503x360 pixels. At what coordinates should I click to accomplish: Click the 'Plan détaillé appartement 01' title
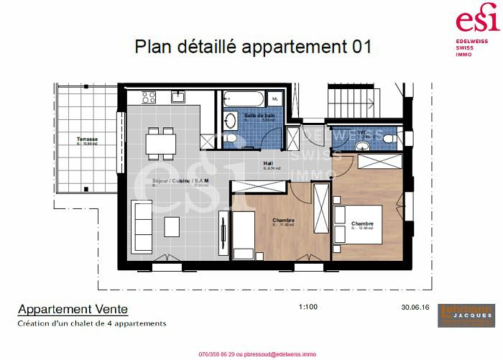(x=253, y=47)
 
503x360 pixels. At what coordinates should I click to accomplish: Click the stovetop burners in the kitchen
(x=150, y=96)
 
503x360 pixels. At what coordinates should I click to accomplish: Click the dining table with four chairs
(x=160, y=142)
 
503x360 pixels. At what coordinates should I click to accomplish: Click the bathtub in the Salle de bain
(x=244, y=98)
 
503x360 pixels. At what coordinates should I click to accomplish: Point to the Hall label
(x=267, y=163)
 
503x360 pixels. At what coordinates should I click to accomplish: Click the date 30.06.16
(x=415, y=307)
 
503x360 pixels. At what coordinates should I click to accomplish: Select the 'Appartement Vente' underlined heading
(x=73, y=310)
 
